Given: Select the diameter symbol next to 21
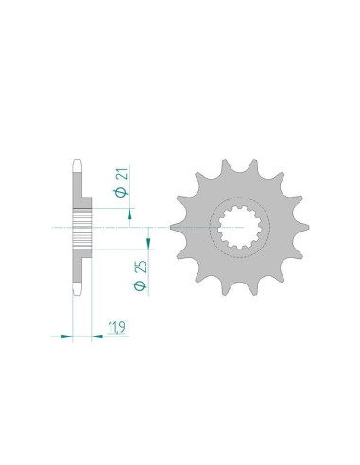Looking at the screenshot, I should (123, 192).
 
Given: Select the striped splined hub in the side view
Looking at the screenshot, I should (80, 228).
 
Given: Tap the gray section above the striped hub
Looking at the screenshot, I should (77, 189).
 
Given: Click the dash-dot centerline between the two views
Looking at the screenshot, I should (142, 228).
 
